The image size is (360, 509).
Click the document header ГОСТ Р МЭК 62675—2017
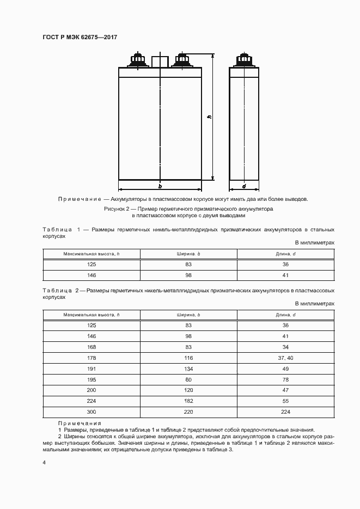pyautogui.click(x=80, y=37)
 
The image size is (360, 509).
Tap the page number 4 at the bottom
pyautogui.click(x=45, y=462)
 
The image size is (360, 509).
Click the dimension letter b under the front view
pyautogui.click(x=160, y=186)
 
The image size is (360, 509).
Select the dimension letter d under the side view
pyautogui.click(x=243, y=186)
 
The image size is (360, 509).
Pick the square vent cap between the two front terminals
pyautogui.click(x=160, y=60)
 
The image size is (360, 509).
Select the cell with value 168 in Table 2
pyautogui.click(x=91, y=347)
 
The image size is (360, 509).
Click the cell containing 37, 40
pyautogui.click(x=285, y=358)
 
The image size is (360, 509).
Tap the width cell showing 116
pyautogui.click(x=188, y=358)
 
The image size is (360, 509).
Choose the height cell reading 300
pyautogui.click(x=91, y=412)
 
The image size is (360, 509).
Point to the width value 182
pyautogui.click(x=188, y=401)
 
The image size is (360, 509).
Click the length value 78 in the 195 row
pyautogui.click(x=285, y=379)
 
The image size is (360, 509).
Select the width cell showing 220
pyautogui.click(x=188, y=412)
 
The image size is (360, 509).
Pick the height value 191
pyautogui.click(x=91, y=369)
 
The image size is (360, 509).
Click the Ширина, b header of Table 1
pyautogui.click(x=188, y=254)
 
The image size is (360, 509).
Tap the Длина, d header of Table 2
pyautogui.click(x=285, y=315)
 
